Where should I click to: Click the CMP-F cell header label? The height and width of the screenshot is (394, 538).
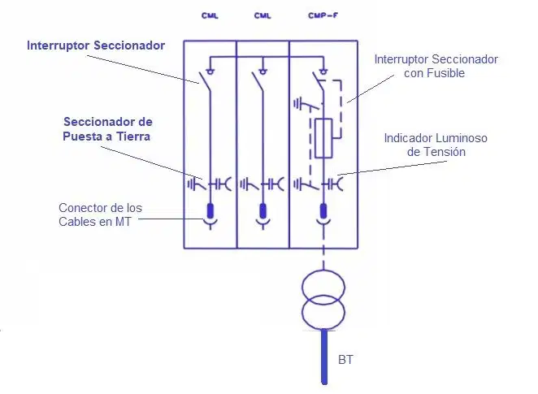(323, 15)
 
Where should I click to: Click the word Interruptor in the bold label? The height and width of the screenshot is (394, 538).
(59, 45)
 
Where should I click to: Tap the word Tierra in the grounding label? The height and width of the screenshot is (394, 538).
(133, 136)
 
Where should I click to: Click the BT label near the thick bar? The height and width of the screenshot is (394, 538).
(345, 360)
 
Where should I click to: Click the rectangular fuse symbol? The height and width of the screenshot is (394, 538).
(323, 138)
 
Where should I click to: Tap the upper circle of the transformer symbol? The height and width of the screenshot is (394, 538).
(323, 288)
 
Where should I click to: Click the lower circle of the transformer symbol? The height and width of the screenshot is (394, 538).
(323, 313)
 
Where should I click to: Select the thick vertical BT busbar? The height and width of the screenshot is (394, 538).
(324, 357)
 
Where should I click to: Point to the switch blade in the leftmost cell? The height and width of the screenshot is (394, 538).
(205, 81)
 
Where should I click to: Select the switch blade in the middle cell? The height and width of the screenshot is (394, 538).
(258, 81)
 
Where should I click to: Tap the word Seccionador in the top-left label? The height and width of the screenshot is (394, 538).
(129, 45)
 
